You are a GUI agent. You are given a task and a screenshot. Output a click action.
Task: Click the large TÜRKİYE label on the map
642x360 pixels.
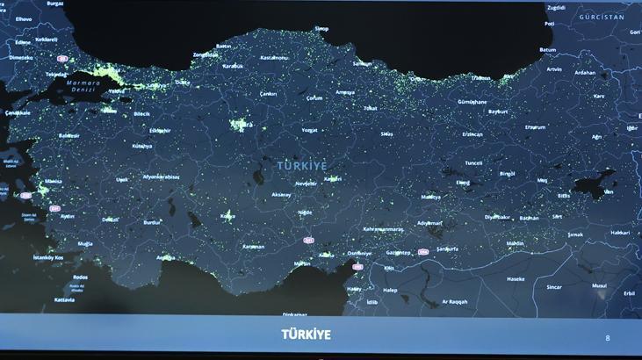[301, 165]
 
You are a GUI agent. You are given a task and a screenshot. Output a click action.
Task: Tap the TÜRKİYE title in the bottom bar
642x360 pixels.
[306, 335]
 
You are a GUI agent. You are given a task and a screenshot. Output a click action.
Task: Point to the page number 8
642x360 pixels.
[608, 337]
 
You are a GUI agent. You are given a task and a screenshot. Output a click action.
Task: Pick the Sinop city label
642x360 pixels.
[321, 29]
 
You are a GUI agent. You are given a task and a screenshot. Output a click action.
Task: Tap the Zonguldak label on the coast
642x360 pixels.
[205, 54]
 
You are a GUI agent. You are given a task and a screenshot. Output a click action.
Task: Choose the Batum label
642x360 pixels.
[548, 50]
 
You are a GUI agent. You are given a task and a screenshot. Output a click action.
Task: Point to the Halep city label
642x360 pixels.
[390, 290]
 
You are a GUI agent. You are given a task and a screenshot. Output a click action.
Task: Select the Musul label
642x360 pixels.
[599, 285]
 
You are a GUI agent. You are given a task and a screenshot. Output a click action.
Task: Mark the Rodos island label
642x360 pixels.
[80, 277]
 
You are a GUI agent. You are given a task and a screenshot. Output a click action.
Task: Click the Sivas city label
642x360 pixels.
[386, 133]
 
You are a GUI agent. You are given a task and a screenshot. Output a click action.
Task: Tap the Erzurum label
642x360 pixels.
[535, 127]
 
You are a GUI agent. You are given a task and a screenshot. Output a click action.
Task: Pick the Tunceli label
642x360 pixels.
[473, 162]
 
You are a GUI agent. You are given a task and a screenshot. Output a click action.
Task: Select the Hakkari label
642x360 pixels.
[620, 233]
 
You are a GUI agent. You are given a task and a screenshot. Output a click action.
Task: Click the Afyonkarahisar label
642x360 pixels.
[162, 176]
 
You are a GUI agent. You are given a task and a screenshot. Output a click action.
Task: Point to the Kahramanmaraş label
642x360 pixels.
[383, 229]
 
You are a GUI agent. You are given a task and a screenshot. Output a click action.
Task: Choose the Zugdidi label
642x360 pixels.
[556, 7]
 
